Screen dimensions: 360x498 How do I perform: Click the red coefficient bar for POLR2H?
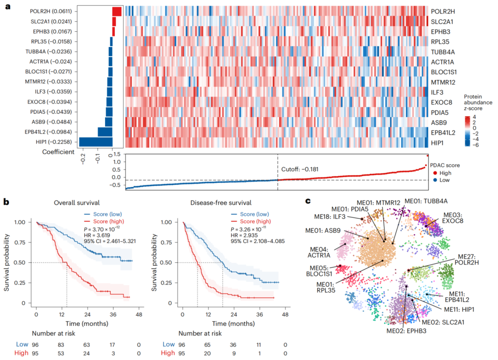[117, 12]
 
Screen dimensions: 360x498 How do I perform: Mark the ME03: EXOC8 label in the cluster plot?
[455, 218]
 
